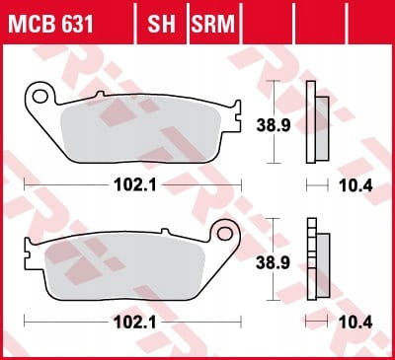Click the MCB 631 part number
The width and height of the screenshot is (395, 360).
(x=51, y=24)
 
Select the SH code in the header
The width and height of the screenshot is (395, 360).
(x=161, y=24)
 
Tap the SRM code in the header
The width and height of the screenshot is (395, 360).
(x=213, y=24)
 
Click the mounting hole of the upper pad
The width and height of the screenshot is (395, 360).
(x=40, y=96)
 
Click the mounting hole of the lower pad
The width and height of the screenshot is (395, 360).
(x=225, y=233)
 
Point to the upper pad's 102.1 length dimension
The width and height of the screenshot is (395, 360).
(x=135, y=185)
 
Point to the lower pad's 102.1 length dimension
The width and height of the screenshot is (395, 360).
(x=135, y=323)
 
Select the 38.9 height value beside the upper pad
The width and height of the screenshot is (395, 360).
(x=274, y=125)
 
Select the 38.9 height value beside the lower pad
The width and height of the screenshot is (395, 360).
(x=274, y=262)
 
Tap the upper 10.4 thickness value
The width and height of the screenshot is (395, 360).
(x=355, y=186)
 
